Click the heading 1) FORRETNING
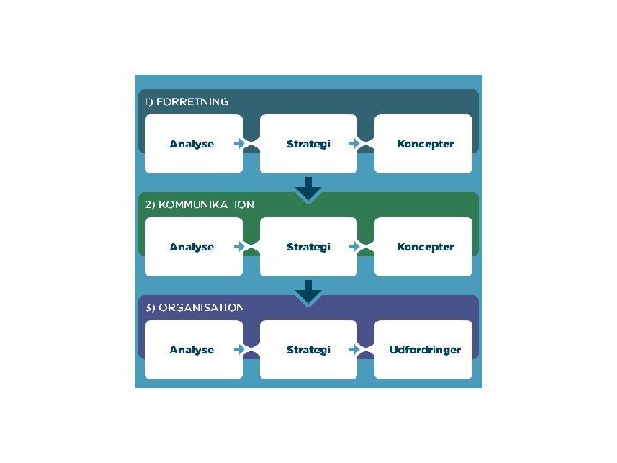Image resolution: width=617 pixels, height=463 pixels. coord(186,102)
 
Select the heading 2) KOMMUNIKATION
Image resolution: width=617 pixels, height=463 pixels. coord(199,205)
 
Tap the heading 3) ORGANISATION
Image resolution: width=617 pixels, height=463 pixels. coord(195,308)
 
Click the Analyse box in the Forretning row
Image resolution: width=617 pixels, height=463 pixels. coord(192,144)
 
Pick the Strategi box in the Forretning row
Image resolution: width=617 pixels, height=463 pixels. coord(308,144)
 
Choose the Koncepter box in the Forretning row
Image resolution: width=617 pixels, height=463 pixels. coord(424,144)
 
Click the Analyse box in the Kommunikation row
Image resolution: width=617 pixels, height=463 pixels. coord(192,247)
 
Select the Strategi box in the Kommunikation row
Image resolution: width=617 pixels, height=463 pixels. coord(308,247)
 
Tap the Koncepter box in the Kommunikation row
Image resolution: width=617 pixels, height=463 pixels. coord(424,247)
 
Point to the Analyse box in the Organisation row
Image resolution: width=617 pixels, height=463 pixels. coord(192,350)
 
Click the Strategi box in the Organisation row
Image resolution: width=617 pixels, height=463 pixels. coord(308,350)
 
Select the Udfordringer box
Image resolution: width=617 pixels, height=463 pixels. coord(424,350)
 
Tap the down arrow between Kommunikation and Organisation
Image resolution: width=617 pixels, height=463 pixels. coord(308,292)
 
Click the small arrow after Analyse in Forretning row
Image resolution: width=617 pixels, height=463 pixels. coord(238,144)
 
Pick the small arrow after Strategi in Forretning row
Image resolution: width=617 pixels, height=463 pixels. coord(354,144)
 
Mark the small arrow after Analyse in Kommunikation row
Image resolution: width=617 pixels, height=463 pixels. coord(238,247)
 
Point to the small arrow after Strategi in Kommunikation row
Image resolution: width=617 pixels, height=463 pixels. coord(354,247)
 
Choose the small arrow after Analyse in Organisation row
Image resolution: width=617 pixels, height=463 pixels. coord(238,350)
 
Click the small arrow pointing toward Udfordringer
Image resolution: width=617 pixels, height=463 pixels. coord(354,350)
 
